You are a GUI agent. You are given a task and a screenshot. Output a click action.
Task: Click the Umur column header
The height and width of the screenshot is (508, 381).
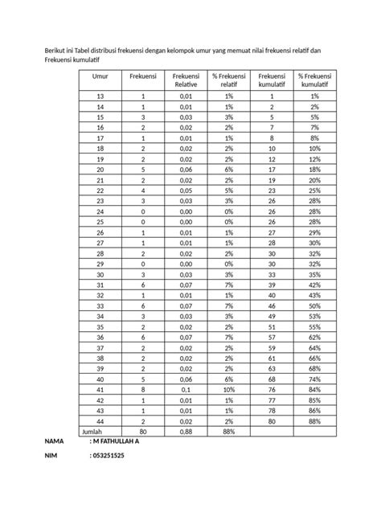coord(100,75)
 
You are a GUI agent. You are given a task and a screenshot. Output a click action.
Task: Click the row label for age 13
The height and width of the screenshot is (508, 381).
coord(100,96)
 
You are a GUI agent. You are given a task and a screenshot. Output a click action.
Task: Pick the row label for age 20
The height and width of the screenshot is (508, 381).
coord(100,170)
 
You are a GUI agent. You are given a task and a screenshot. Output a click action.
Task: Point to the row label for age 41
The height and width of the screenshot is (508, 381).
coord(100,389)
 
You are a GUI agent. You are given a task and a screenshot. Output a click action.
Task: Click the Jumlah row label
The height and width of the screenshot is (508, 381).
coord(93,431)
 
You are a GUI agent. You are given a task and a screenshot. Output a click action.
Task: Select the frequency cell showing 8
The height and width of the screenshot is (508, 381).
coord(142,389)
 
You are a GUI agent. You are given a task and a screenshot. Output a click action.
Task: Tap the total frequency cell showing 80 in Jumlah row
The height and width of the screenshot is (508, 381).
coord(142,431)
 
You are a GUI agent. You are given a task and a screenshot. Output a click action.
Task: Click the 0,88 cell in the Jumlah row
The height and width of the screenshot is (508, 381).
coord(184,431)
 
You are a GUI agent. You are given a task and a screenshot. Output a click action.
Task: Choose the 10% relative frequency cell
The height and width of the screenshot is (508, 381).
coord(229,389)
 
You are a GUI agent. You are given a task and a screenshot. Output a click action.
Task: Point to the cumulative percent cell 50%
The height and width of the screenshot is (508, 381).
coord(315,305)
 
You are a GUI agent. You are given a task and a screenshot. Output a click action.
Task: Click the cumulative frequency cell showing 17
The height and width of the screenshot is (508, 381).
coord(272,170)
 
